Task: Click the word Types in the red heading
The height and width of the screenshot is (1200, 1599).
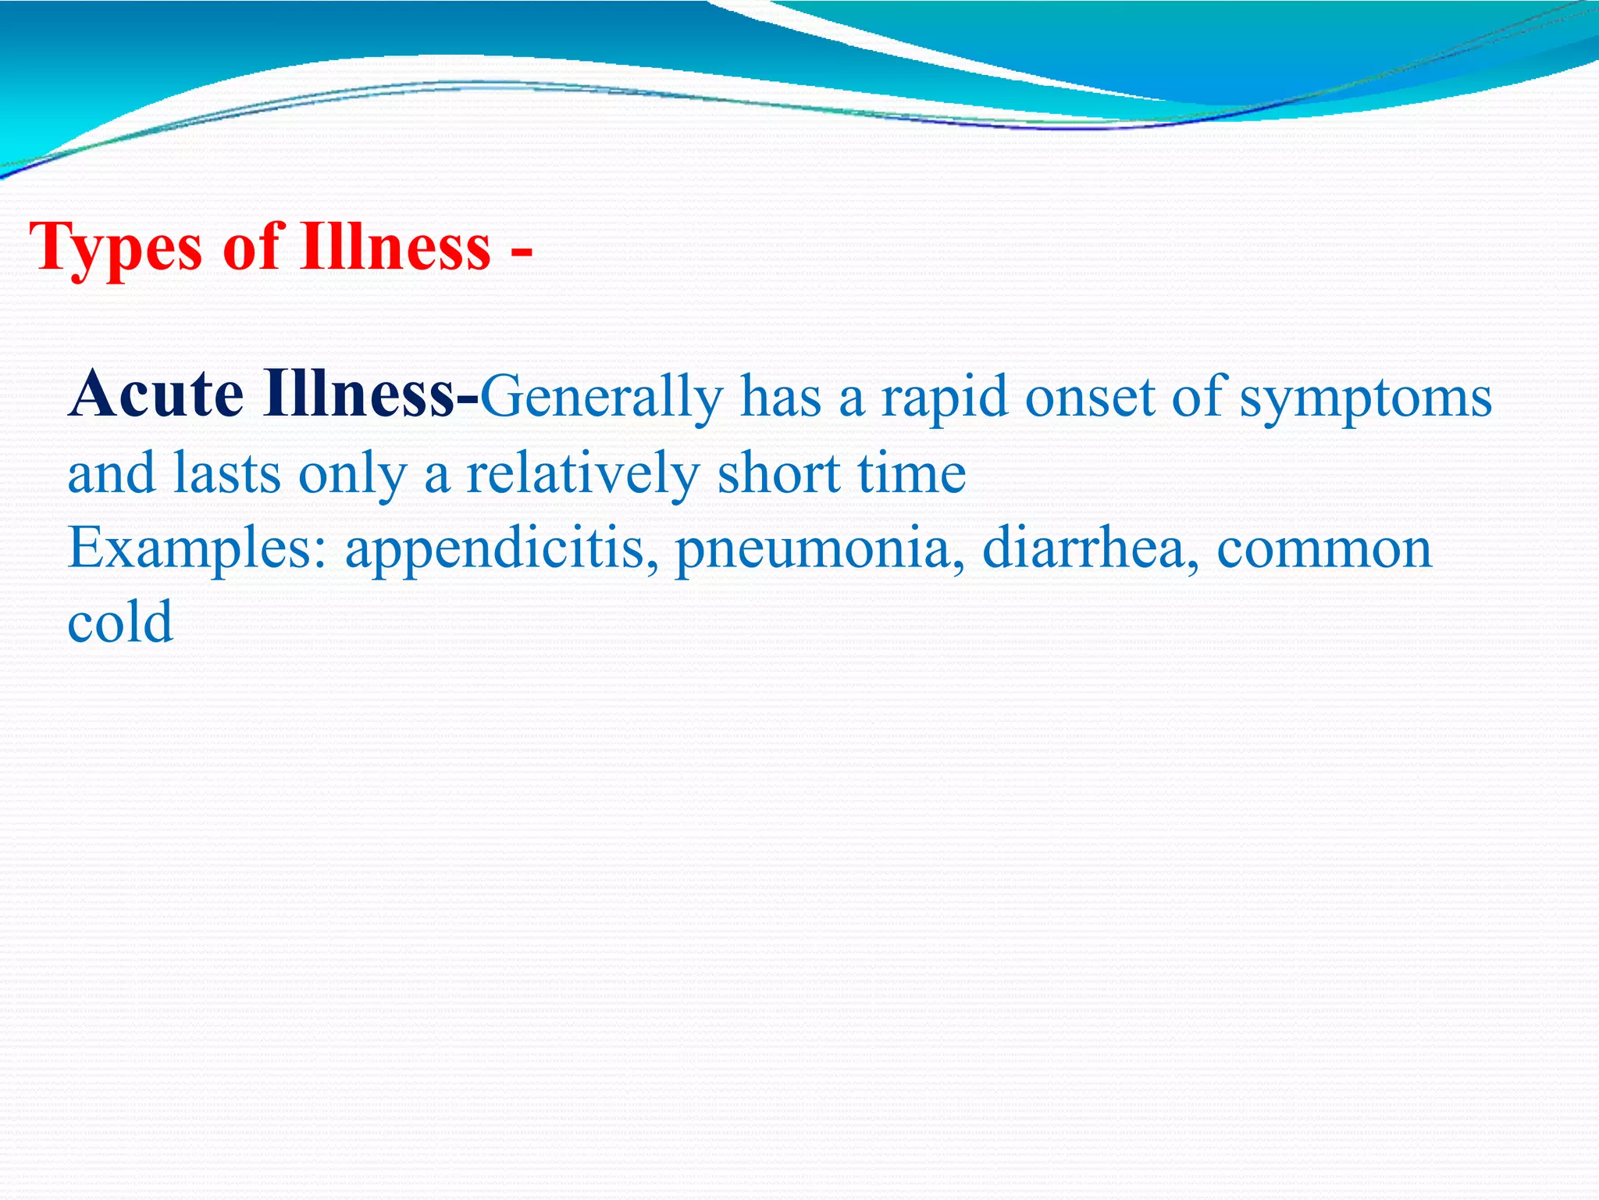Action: (117, 248)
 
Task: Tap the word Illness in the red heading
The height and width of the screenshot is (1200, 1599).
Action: (395, 247)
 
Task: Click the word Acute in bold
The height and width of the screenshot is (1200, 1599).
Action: (156, 395)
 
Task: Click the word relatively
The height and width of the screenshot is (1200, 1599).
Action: (582, 475)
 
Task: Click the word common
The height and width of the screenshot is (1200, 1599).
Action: (1324, 549)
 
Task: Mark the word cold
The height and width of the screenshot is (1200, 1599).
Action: (120, 622)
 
